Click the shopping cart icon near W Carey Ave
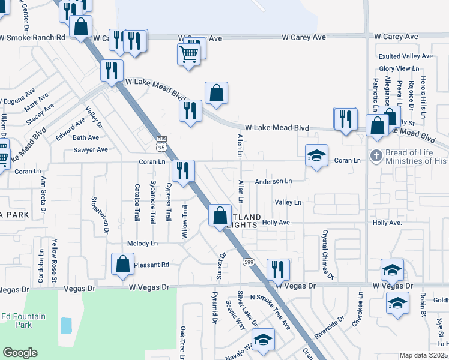[x=189, y=55]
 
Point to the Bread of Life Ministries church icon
[x=376, y=156]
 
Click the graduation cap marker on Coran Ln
[x=316, y=156]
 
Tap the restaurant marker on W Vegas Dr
[x=278, y=269]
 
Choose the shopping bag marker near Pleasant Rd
[x=123, y=265]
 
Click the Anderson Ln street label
[x=273, y=181]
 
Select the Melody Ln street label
[x=142, y=244]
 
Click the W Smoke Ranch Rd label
[x=32, y=37]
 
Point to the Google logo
[x=20, y=353]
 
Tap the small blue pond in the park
[x=66, y=326]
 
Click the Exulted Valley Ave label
[x=405, y=56]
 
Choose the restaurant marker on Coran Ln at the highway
[x=182, y=170]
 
